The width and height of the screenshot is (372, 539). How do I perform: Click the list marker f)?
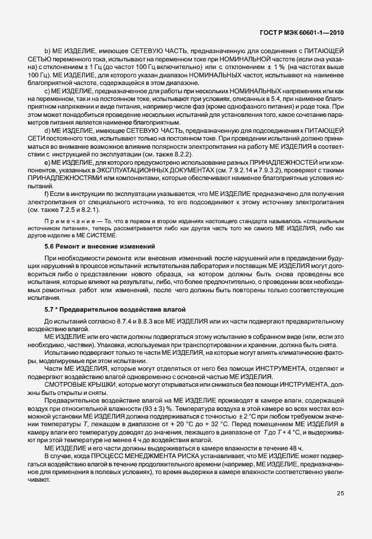click(47, 194)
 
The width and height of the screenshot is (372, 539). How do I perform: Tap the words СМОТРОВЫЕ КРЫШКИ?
click(71, 384)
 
